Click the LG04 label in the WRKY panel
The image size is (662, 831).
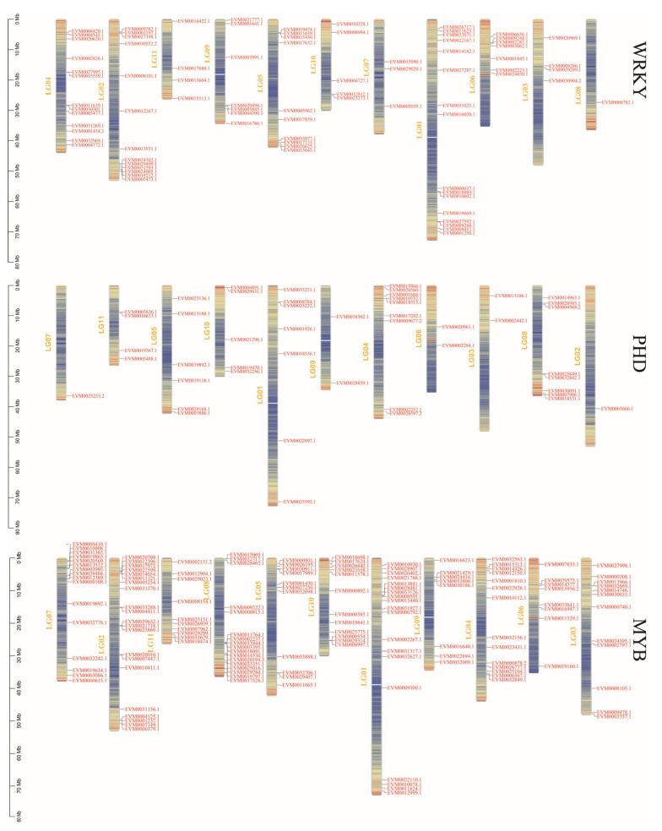(49, 86)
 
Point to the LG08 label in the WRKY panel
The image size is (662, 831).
(578, 95)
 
